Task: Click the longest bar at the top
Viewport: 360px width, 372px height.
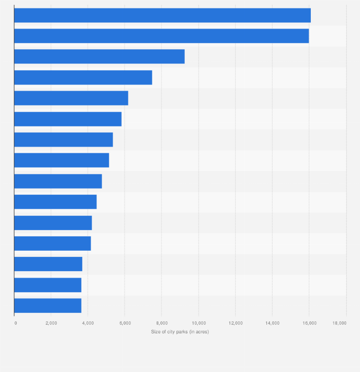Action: coord(162,15)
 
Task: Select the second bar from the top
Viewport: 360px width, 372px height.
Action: coord(161,36)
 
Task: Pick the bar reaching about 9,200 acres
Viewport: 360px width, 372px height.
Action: coord(99,56)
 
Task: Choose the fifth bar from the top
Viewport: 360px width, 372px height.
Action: coord(71,98)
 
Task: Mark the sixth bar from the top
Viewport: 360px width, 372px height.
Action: coord(68,119)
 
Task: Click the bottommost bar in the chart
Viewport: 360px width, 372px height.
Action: coord(48,306)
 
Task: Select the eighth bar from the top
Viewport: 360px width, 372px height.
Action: coord(62,160)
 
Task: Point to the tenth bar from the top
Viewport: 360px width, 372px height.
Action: coord(55,202)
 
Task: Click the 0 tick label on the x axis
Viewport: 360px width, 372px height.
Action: coord(16,323)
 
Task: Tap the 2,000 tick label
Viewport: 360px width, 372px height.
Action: coord(51,323)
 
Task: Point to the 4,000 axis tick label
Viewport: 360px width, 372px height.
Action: coord(88,323)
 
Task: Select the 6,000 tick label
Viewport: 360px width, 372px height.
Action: coord(125,323)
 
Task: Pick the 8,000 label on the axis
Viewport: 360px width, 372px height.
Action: coord(161,323)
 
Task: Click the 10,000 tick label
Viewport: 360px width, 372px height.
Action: coord(199,323)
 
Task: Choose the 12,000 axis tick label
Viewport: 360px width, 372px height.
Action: coord(235,323)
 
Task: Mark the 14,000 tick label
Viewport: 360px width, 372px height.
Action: coord(272,323)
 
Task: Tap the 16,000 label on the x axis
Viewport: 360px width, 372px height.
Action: coord(309,323)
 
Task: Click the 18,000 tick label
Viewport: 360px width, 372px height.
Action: coord(339,323)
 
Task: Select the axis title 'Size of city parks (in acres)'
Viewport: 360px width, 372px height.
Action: coord(180,331)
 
